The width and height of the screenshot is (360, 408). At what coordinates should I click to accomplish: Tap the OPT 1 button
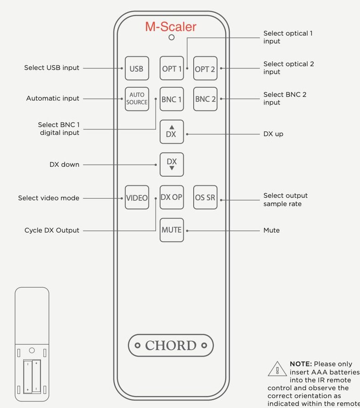(172, 68)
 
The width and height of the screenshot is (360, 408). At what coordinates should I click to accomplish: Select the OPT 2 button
(205, 68)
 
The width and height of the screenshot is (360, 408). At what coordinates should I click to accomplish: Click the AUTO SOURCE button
(137, 99)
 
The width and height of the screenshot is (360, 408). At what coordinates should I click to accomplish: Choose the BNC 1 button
(172, 99)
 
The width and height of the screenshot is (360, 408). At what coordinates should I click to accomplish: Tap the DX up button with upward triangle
(172, 132)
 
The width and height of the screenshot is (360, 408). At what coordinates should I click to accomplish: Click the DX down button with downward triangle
(172, 165)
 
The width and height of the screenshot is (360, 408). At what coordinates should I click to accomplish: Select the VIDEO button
(137, 197)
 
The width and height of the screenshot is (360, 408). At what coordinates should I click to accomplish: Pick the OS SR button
(205, 197)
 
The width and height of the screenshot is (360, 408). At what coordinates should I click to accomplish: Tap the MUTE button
(172, 230)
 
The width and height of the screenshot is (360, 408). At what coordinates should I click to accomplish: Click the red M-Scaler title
(170, 27)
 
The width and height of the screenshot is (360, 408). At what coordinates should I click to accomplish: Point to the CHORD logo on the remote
(170, 345)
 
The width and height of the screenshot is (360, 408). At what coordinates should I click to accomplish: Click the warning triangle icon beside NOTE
(277, 369)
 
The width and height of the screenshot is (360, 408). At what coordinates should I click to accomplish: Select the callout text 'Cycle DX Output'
(52, 230)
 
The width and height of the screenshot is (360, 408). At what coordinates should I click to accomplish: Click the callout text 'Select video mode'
(49, 198)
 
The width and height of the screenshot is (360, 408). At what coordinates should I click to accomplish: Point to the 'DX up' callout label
(273, 134)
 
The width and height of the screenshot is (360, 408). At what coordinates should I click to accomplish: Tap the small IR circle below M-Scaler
(171, 37)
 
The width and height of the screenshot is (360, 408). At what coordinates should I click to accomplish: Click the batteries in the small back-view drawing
(32, 376)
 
